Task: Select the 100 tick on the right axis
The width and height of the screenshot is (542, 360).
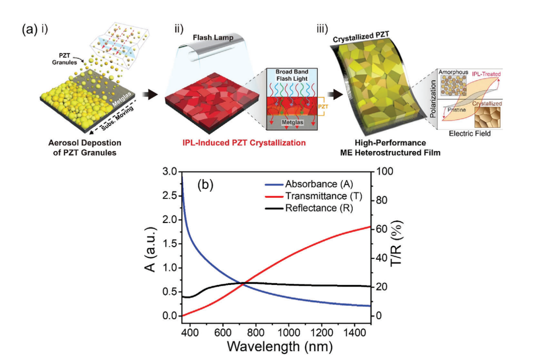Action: click(x=383, y=172)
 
